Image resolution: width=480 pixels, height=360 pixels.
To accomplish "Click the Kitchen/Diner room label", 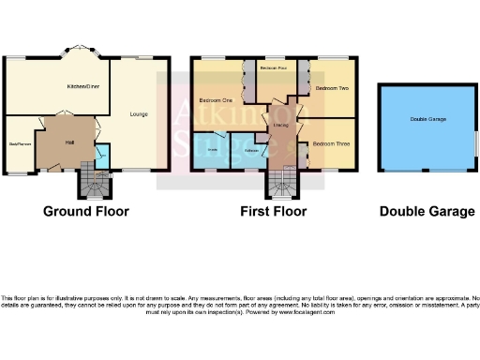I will [83, 86].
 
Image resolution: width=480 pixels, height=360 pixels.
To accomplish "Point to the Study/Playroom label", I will [21, 144].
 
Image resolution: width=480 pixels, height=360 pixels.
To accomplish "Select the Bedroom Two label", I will [331, 88].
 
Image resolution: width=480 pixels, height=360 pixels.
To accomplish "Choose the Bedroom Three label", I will [330, 143].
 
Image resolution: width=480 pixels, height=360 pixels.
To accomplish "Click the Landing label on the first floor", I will [279, 124].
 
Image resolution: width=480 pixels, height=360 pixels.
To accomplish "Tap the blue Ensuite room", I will [212, 150].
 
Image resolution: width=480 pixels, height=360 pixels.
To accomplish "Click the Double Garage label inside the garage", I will [427, 119].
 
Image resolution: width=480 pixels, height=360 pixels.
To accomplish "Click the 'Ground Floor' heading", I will [86, 212].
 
